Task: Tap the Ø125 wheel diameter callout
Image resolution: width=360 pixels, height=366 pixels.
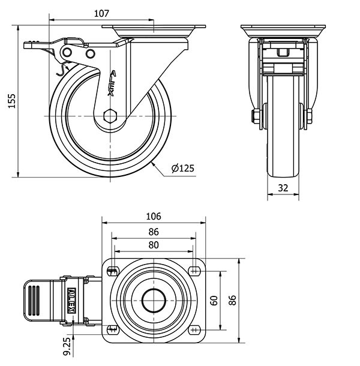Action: pos(182,169)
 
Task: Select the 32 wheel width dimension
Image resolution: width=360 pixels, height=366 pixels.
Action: pos(284,188)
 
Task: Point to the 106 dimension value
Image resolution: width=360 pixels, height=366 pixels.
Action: pos(154,217)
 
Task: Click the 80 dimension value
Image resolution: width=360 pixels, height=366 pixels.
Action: pos(154,245)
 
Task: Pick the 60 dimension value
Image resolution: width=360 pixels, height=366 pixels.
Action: pos(214,299)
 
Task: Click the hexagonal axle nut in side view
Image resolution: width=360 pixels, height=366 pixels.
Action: pos(109,116)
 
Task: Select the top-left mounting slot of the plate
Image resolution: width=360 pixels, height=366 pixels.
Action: pos(112,269)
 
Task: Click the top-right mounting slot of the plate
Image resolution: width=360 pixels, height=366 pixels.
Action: pos(194,269)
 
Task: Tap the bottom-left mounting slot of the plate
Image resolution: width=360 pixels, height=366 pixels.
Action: pos(112,329)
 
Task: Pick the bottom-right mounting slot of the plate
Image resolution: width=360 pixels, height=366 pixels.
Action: pos(194,329)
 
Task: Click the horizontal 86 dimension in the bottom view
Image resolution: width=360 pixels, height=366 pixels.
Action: pos(154,231)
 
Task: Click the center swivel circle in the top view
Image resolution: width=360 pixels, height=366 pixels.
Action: pos(154,299)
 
